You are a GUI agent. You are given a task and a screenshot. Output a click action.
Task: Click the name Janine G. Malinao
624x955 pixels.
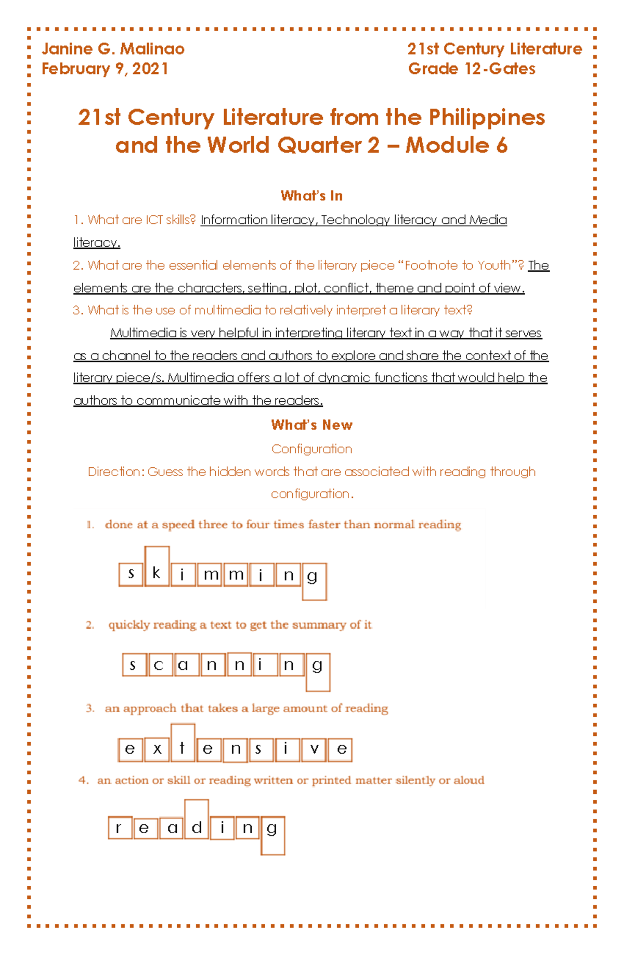pos(113,49)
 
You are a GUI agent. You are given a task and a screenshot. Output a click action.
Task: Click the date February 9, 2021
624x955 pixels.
pos(105,69)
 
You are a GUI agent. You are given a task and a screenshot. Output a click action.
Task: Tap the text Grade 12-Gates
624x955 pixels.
pos(471,69)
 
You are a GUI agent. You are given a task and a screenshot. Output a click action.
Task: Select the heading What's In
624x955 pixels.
pos(311,196)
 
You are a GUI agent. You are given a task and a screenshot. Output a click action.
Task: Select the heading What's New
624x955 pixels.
pos(311,425)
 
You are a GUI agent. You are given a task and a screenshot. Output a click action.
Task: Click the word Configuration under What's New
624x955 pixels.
pos(311,449)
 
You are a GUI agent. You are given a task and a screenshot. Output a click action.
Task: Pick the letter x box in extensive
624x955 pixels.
pos(157,749)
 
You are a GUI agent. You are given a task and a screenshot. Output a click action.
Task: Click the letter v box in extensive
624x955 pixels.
pos(314,749)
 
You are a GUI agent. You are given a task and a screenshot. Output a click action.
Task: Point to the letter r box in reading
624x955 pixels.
pos(120,827)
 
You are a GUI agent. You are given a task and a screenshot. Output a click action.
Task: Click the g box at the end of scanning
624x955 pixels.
pos(318,671)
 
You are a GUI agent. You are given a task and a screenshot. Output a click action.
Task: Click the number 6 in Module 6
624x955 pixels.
pos(501,145)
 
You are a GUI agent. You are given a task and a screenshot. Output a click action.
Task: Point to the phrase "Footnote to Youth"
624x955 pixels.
pos(457,265)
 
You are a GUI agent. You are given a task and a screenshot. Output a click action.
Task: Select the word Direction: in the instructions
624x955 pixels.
pos(116,472)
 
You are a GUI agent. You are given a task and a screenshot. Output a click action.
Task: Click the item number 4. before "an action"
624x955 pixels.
pos(84,780)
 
